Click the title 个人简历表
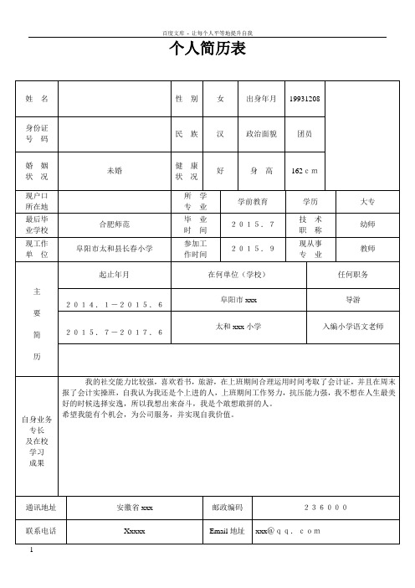[207, 50]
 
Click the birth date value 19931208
[304, 99]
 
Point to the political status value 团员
[305, 134]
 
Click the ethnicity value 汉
[220, 134]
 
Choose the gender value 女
[220, 99]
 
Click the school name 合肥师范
[115, 224]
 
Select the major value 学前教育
[252, 202]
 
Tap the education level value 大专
[366, 202]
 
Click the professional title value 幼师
[366, 224]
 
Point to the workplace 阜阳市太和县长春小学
[115, 248]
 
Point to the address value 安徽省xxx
[135, 508]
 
